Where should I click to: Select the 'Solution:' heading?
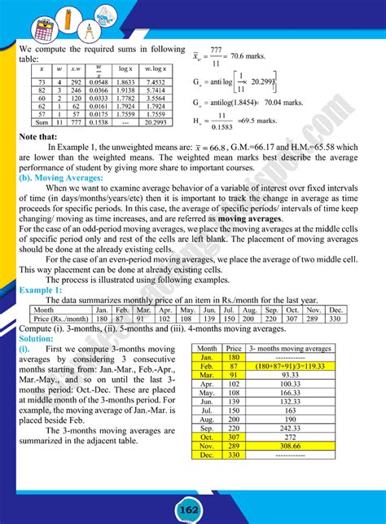pos(37,337)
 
